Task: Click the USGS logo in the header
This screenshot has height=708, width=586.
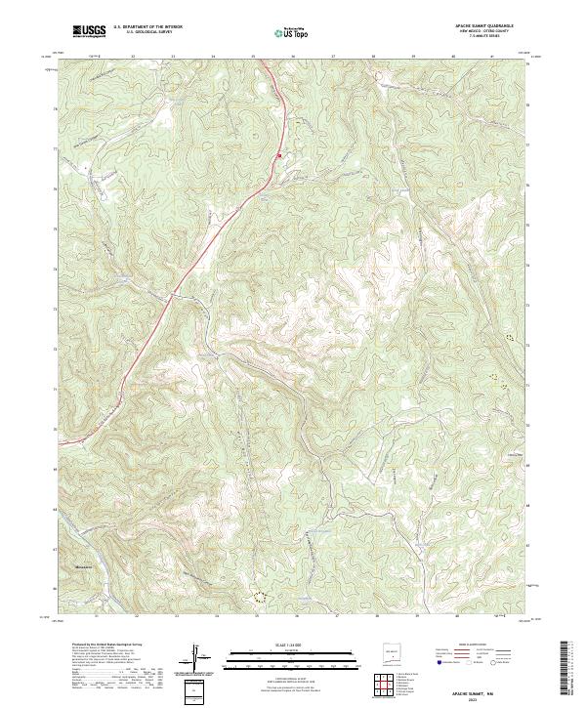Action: pos(89,31)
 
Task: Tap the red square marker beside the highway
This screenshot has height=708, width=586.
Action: pos(278,154)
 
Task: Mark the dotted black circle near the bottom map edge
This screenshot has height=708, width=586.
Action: pos(259,593)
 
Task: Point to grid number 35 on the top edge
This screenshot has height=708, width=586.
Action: pos(253,57)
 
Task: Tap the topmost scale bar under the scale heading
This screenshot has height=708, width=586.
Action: pos(283,651)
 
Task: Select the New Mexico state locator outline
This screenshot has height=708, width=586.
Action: pos(394,653)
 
